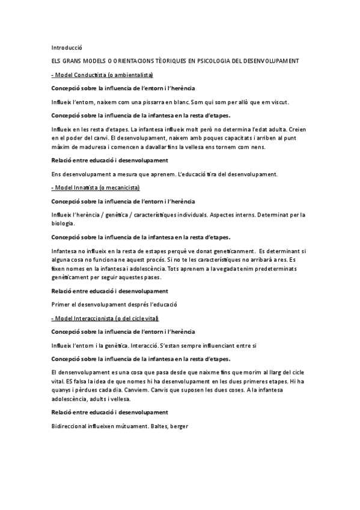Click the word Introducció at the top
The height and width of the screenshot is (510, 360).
[x=66, y=47]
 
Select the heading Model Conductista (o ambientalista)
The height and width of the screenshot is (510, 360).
[x=103, y=75]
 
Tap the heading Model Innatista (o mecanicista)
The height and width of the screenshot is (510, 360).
[x=96, y=188]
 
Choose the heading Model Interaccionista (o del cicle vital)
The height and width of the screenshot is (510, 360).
[x=105, y=318]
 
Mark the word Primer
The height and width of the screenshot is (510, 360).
[x=61, y=304]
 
